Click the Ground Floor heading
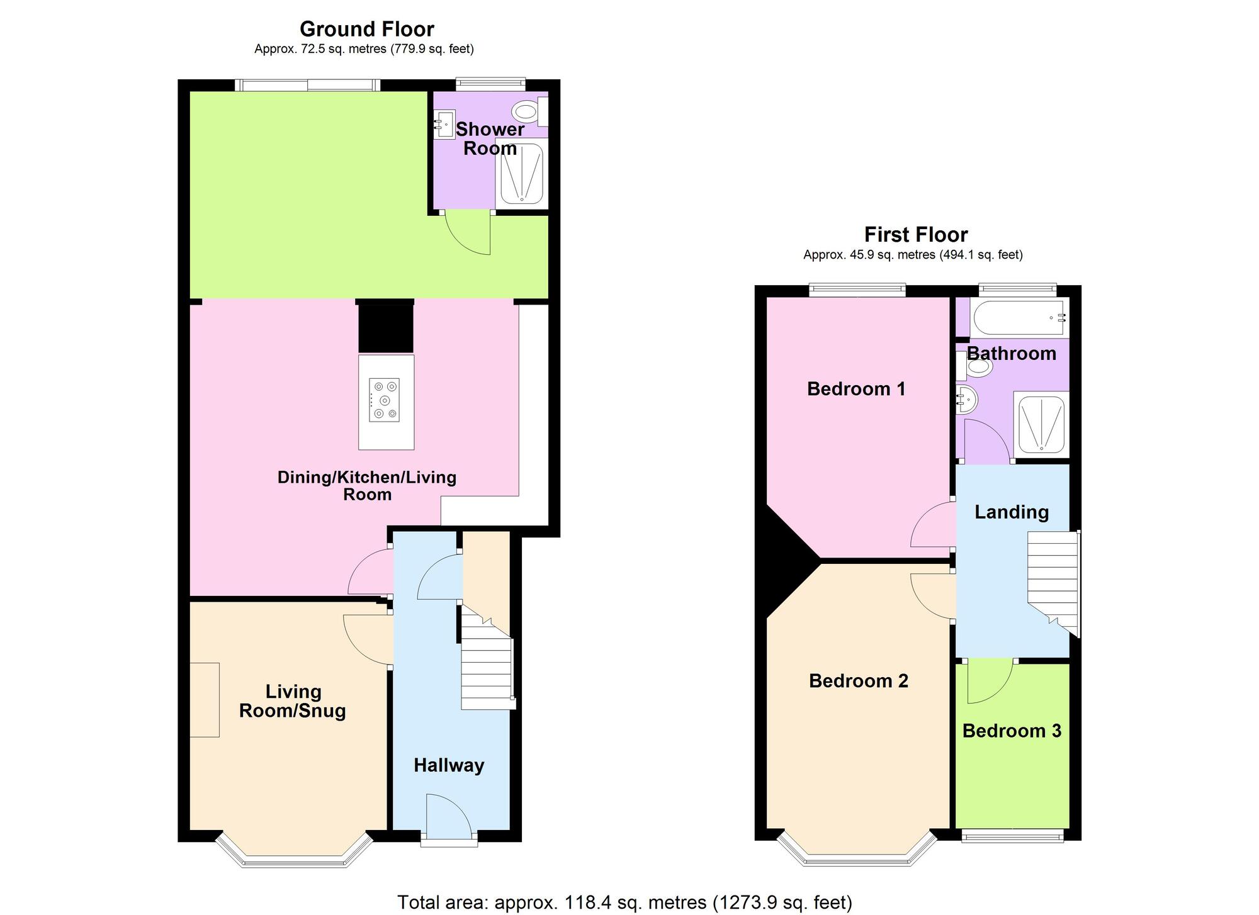click(366, 29)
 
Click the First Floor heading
click(915, 235)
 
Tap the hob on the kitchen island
click(384, 400)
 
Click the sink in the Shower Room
click(444, 125)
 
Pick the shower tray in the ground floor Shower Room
click(521, 174)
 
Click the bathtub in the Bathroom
click(1019, 317)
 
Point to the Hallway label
click(449, 765)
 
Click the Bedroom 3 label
click(1012, 731)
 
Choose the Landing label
click(1012, 512)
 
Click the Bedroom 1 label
click(856, 389)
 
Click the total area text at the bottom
click(624, 902)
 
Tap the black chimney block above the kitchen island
click(386, 328)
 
